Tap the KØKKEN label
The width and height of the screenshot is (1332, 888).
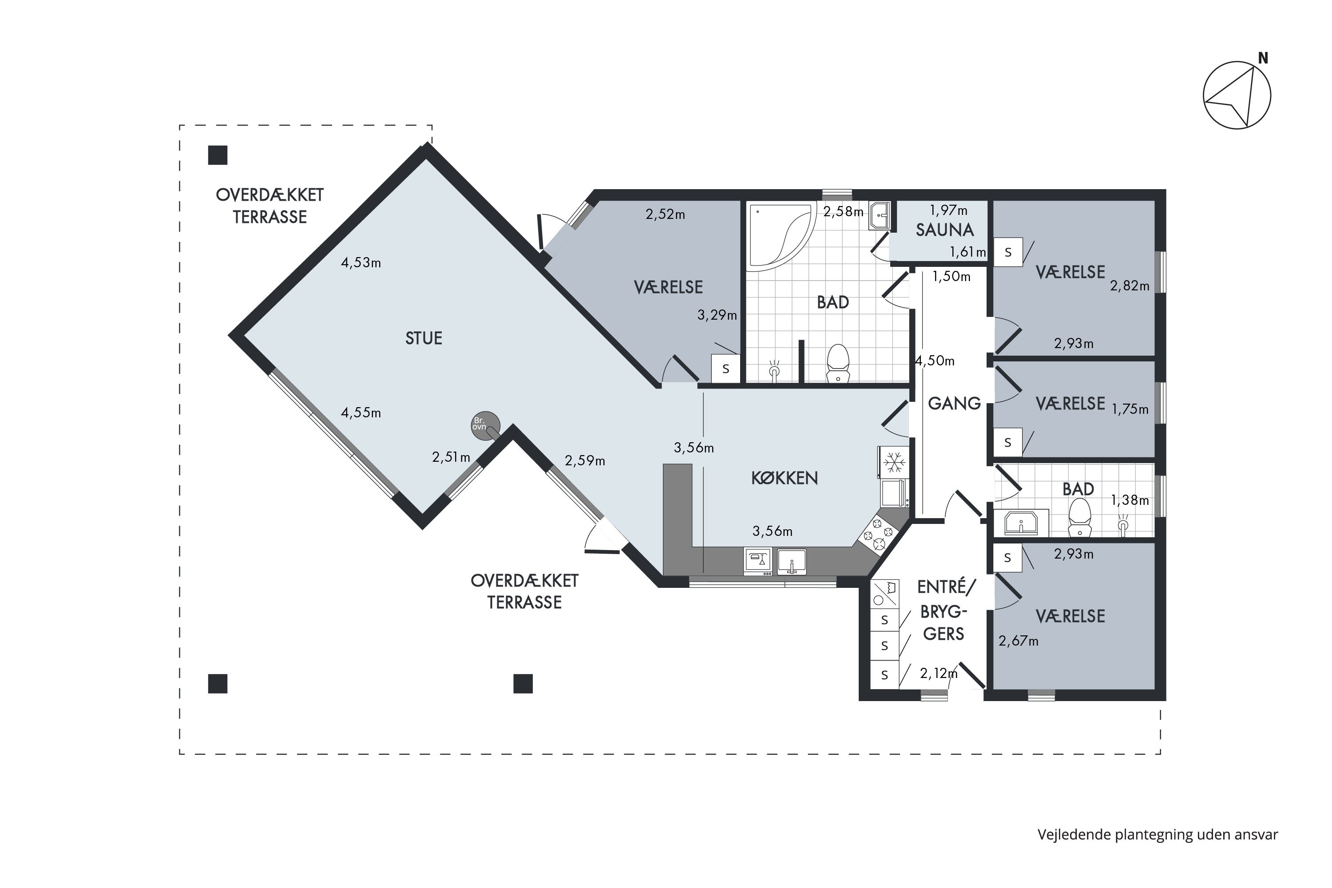(x=785, y=478)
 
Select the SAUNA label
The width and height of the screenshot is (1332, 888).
(x=945, y=230)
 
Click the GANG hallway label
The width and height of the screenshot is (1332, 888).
(x=954, y=403)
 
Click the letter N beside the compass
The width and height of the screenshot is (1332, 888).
(x=1262, y=58)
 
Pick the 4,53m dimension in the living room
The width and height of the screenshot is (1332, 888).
(x=361, y=263)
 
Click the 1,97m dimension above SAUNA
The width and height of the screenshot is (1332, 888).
(x=948, y=210)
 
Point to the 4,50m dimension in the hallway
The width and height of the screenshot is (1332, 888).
(x=935, y=361)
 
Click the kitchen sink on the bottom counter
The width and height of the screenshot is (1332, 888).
(x=792, y=562)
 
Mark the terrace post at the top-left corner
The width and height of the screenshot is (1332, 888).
(x=218, y=155)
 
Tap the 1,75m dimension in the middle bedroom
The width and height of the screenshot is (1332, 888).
(x=1130, y=409)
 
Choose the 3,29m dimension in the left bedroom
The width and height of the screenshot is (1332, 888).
(x=717, y=315)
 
